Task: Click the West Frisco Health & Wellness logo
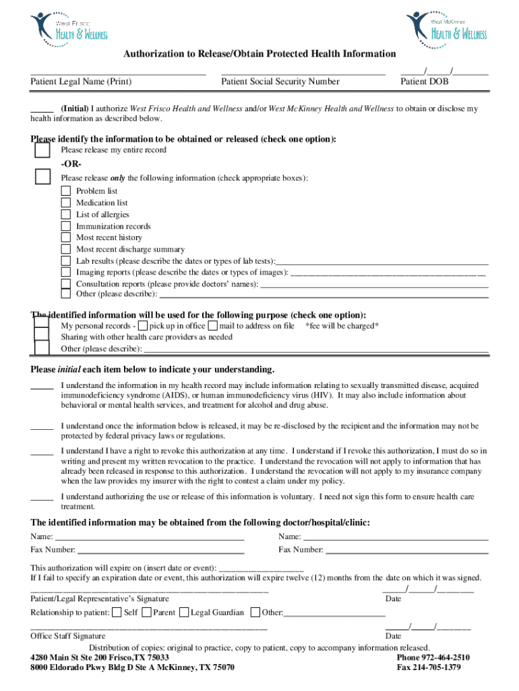[69, 27]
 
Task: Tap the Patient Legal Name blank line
[118, 72]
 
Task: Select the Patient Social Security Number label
[280, 82]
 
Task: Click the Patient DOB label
[424, 82]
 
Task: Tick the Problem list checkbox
[65, 191]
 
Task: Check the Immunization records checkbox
[65, 226]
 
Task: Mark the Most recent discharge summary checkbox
[65, 249]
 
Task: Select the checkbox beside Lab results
[65, 260]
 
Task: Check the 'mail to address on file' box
[213, 326]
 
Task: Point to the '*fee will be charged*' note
[342, 326]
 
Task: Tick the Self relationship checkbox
[117, 613]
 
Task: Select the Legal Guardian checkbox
[184, 613]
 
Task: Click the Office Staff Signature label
[68, 636]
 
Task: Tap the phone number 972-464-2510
[433, 658]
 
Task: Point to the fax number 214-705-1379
[429, 667]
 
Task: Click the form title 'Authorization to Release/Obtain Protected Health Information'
[259, 54]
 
